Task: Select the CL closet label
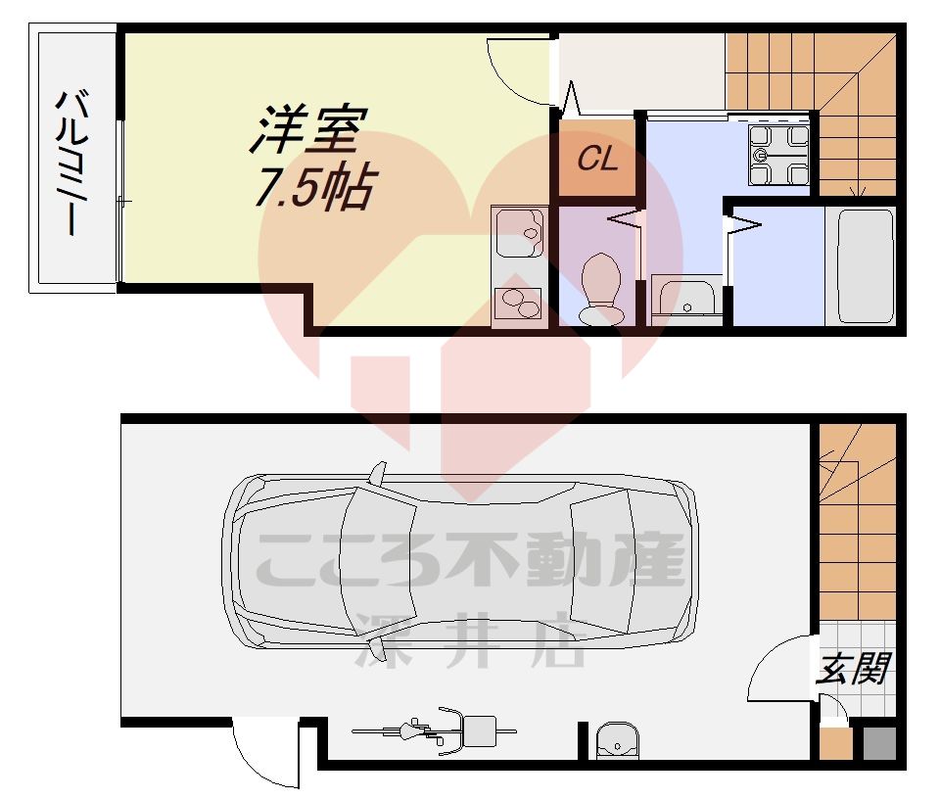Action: point(597,160)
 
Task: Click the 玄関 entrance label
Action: point(852,670)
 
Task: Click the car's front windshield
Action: point(597,563)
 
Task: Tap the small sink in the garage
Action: point(617,742)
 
